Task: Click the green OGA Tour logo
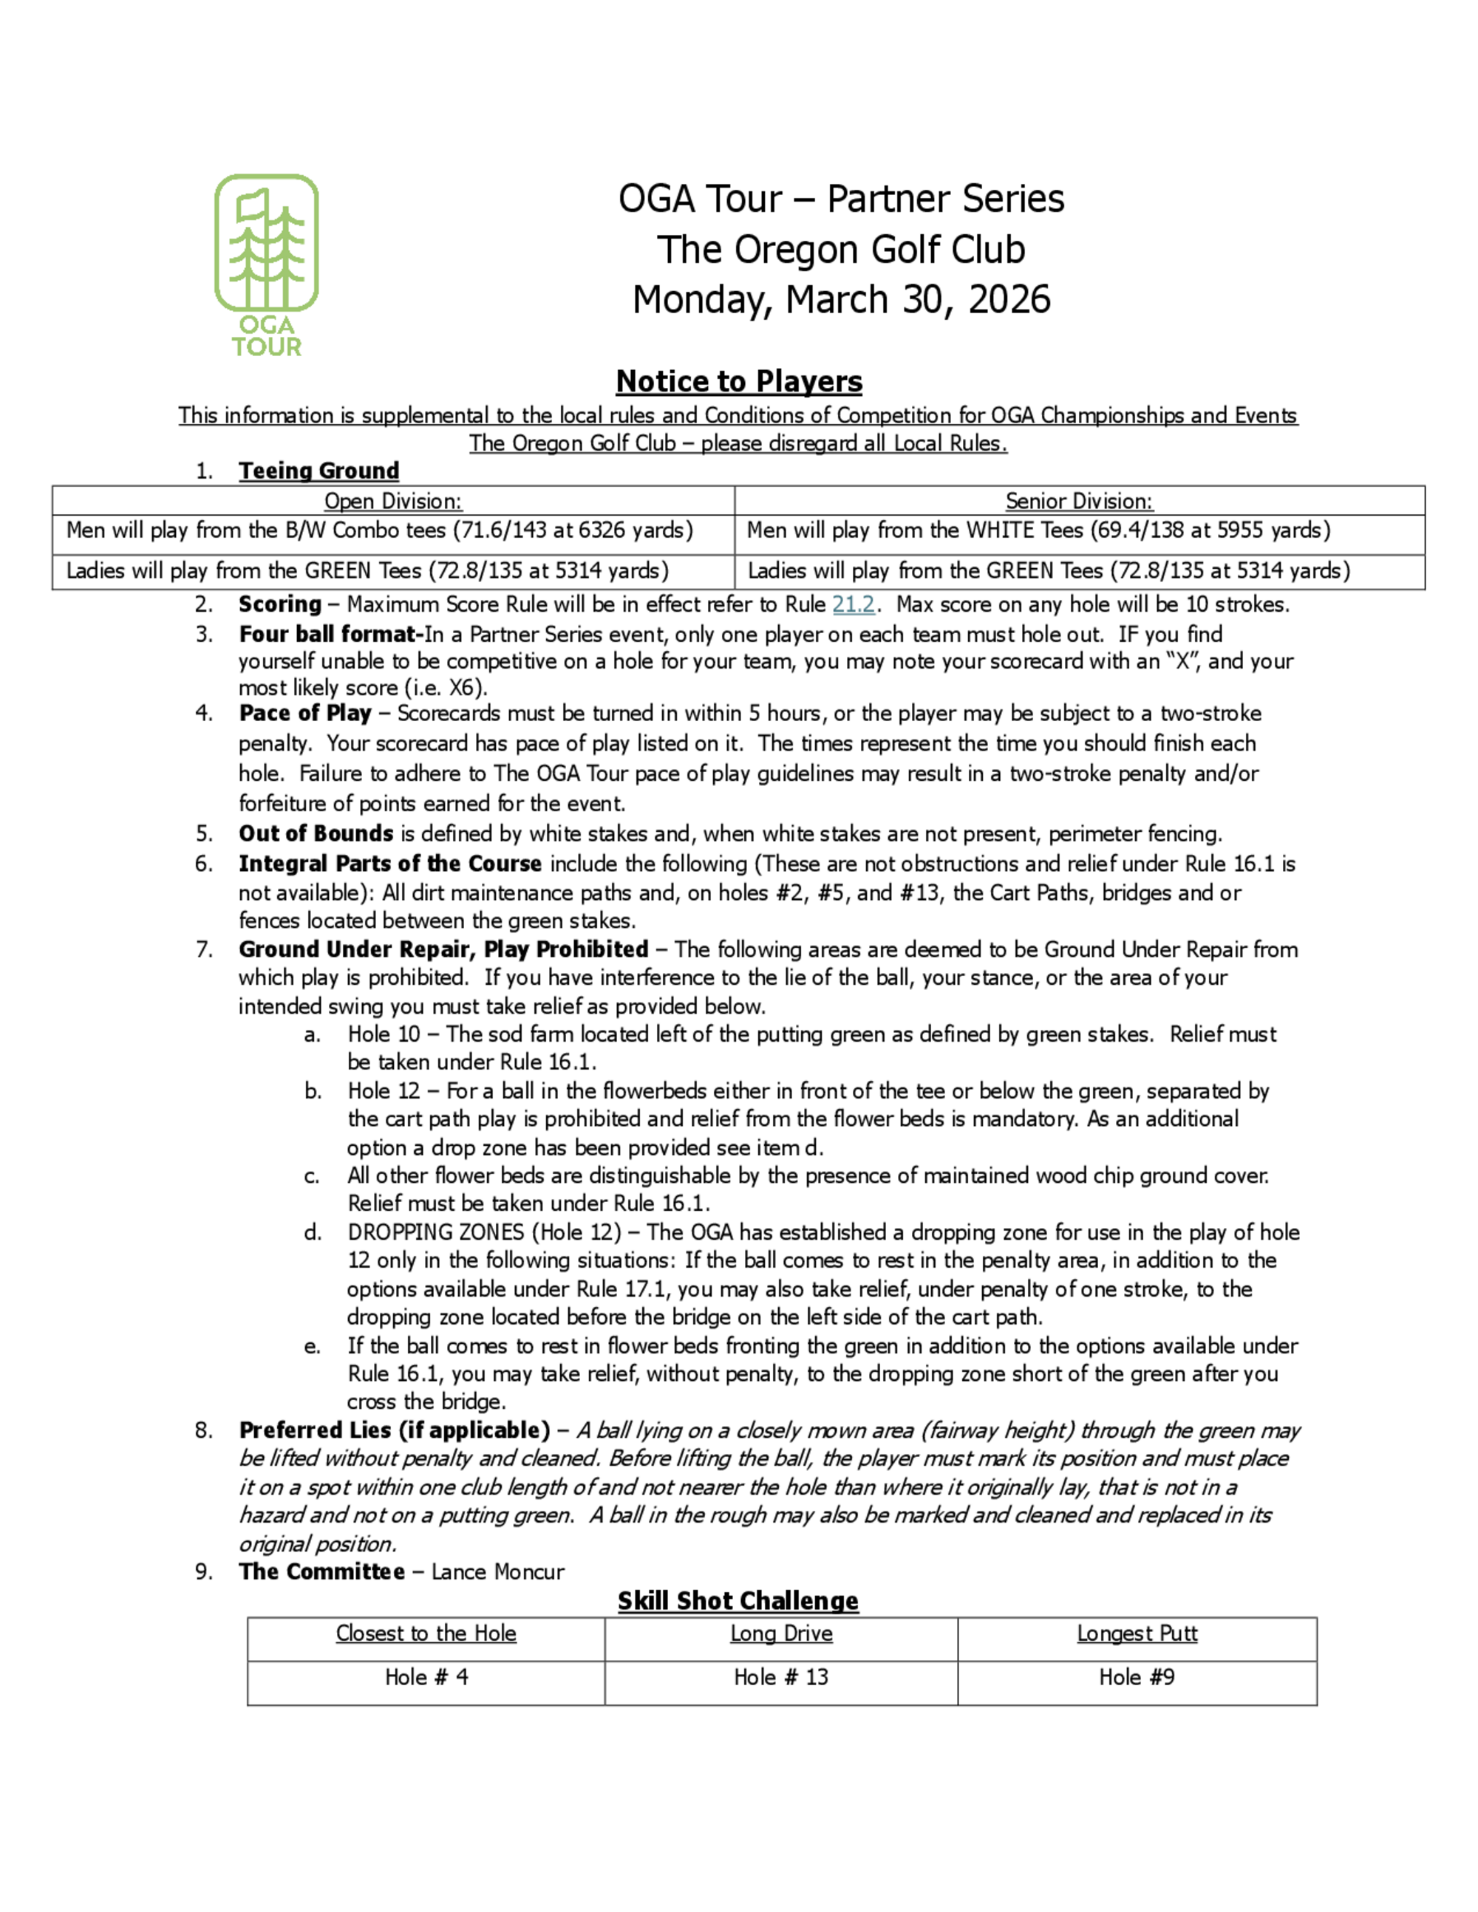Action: click(x=266, y=264)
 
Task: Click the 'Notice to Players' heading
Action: click(x=739, y=382)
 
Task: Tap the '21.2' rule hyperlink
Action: click(x=853, y=604)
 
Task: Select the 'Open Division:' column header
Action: click(x=392, y=501)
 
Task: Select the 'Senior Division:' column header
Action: click(x=1079, y=501)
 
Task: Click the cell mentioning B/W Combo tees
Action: click(x=379, y=530)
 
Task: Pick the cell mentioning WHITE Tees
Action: click(x=1038, y=530)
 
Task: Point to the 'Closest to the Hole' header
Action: click(x=426, y=1633)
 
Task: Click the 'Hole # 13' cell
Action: click(x=781, y=1677)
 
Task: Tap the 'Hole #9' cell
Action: click(x=1137, y=1677)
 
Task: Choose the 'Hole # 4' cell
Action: click(x=426, y=1677)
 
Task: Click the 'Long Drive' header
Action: click(x=781, y=1633)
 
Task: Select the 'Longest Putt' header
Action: click(x=1137, y=1633)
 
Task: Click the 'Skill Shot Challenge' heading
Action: click(x=738, y=1601)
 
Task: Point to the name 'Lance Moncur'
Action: click(x=497, y=1572)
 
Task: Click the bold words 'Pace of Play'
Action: click(x=304, y=714)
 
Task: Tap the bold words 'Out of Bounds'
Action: click(x=316, y=833)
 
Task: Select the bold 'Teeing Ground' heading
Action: click(x=319, y=471)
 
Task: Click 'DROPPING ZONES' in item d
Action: click(x=435, y=1232)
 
